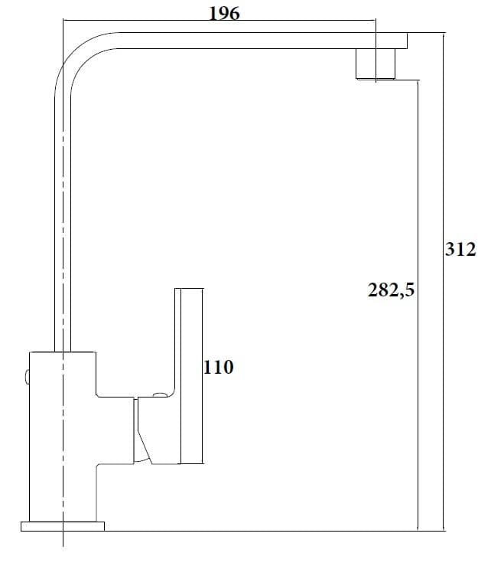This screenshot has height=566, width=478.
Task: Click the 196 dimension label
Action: pyautogui.click(x=224, y=14)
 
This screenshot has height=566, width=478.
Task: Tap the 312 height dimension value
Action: pyautogui.click(x=460, y=250)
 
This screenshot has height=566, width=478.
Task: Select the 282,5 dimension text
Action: pyautogui.click(x=391, y=290)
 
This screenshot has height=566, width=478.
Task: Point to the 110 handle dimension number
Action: pyautogui.click(x=219, y=367)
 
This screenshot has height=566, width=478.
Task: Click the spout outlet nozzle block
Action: pyautogui.click(x=376, y=64)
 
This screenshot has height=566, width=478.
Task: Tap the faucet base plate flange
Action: pyautogui.click(x=63, y=527)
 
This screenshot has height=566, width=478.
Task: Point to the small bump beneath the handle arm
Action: pyautogui.click(x=160, y=394)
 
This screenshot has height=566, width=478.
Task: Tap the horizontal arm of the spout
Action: pyautogui.click(x=263, y=41)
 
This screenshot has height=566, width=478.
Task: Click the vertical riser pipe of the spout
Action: pyautogui.click(x=63, y=224)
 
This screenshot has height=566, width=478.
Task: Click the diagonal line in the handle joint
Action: pyautogui.click(x=144, y=446)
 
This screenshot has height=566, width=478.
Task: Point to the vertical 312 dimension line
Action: pyautogui.click(x=444, y=282)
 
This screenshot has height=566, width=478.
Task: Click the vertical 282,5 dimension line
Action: pyautogui.click(x=418, y=306)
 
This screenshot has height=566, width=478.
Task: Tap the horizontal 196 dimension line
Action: pyautogui.click(x=219, y=20)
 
